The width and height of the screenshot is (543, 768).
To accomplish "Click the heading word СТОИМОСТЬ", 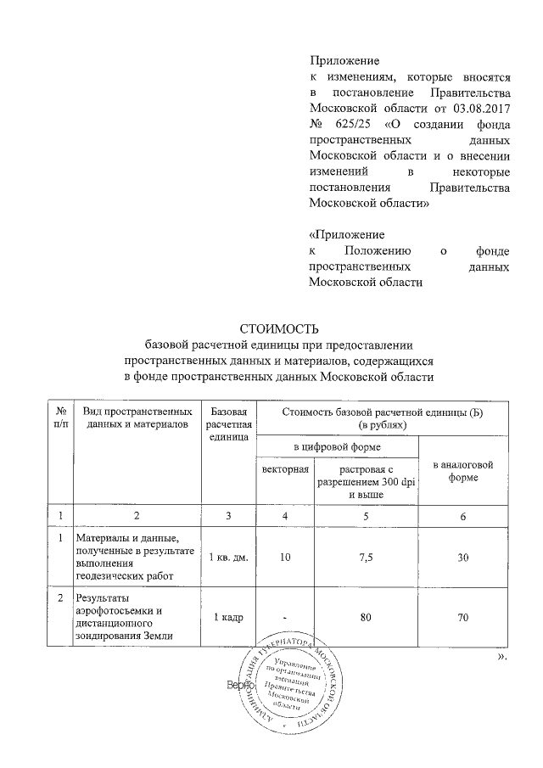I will click(x=277, y=328).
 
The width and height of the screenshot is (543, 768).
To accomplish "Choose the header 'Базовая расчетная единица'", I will click(x=227, y=423).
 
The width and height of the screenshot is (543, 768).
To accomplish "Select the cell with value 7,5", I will click(x=367, y=556).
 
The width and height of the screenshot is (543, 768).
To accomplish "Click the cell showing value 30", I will click(x=462, y=556).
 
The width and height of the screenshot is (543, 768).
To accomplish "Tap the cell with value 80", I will click(x=367, y=618).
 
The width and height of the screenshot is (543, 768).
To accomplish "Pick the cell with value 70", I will click(x=462, y=618).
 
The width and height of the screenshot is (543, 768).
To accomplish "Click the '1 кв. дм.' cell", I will click(x=227, y=556).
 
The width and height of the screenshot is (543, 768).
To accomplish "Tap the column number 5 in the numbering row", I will click(x=367, y=516).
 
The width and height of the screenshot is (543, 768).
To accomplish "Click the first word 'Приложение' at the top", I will click(x=344, y=60).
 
